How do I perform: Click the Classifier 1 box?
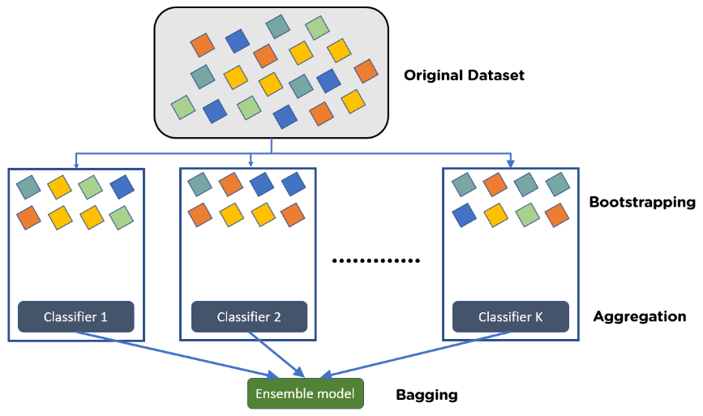tap(75, 317)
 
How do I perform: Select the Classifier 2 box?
tap(249, 317)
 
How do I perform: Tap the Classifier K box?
tap(510, 317)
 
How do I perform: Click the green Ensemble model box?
tap(305, 394)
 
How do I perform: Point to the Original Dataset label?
tap(464, 75)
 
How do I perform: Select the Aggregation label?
tap(640, 317)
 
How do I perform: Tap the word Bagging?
tap(427, 396)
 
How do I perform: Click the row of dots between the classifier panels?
tap(377, 261)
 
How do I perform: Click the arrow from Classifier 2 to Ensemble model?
tap(280, 355)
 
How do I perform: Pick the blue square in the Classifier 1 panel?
tap(122, 187)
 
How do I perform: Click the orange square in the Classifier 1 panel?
tap(29, 217)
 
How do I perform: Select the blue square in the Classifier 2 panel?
tap(261, 186)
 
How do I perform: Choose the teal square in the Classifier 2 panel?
tap(199, 186)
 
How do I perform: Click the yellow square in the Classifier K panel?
tap(494, 216)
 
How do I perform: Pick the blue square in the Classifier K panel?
tap(463, 216)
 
